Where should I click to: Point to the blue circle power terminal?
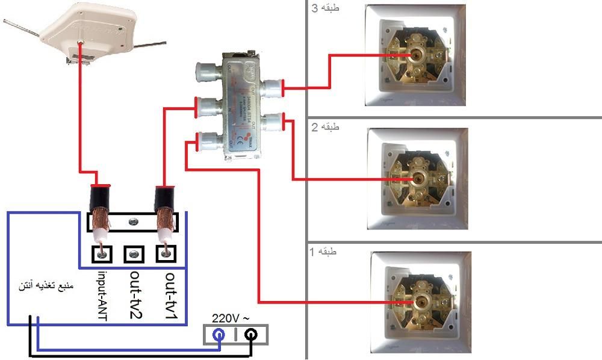tap(220, 335)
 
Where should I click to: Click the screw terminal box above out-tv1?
tap(165, 253)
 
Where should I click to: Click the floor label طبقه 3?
tap(325, 9)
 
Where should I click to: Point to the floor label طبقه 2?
tap(325, 128)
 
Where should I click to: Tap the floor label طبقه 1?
tap(325, 251)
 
